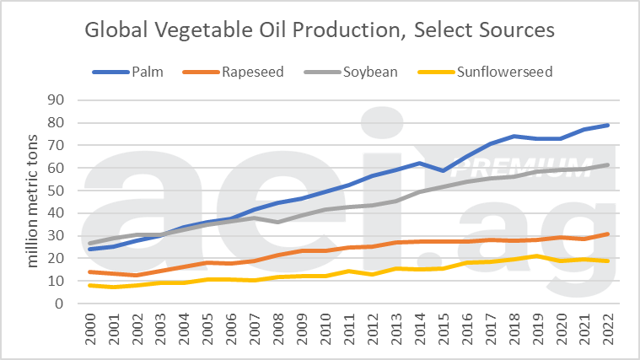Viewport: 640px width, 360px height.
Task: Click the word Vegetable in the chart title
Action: tap(191, 30)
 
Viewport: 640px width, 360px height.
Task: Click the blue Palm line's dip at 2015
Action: tap(441, 170)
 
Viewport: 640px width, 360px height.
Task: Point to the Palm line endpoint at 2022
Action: tap(607, 125)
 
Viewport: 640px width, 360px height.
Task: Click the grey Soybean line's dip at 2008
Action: tap(277, 223)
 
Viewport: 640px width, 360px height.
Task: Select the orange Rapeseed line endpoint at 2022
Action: tap(607, 234)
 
